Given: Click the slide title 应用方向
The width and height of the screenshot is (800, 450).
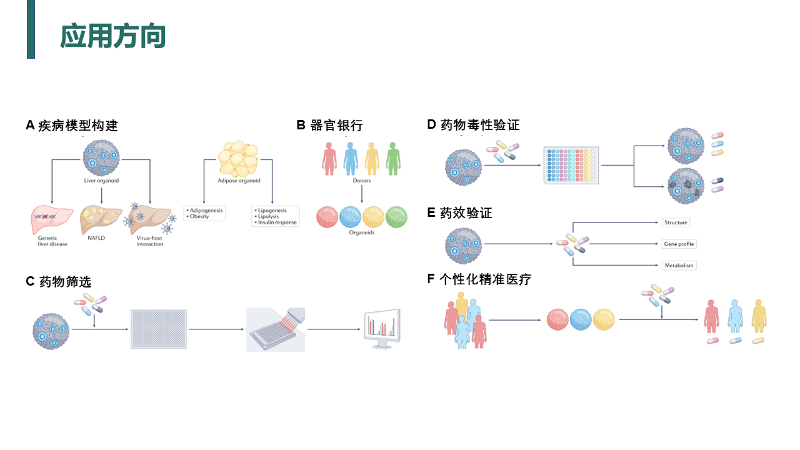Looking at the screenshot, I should pos(112,36).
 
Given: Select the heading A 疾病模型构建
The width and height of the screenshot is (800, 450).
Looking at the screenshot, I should pos(72,126).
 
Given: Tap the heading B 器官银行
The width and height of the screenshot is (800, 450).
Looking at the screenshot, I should pos(329,125).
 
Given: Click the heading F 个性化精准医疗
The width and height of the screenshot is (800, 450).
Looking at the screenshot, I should pos(479,279).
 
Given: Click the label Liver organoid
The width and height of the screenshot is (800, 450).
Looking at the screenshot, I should pos(101,181).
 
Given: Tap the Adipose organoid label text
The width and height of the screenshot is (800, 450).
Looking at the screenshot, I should pos(239,181).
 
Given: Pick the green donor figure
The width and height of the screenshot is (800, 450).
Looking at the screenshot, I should pos(393,158).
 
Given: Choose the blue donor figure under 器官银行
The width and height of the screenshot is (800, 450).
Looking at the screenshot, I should pos(350,158).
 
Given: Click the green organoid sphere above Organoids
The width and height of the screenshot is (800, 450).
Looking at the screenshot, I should pos(396,217).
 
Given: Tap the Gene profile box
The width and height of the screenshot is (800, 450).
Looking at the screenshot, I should pos(679,244).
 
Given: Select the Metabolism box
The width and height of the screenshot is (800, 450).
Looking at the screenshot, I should pos(679,265).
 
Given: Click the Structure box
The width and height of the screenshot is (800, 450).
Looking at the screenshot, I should pos(676,222).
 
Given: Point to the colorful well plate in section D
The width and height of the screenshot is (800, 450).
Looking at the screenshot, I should pos(571,165).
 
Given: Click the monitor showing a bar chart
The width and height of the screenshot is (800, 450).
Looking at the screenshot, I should pos(382,327).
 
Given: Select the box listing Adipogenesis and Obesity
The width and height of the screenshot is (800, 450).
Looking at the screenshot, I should pos(204,213).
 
